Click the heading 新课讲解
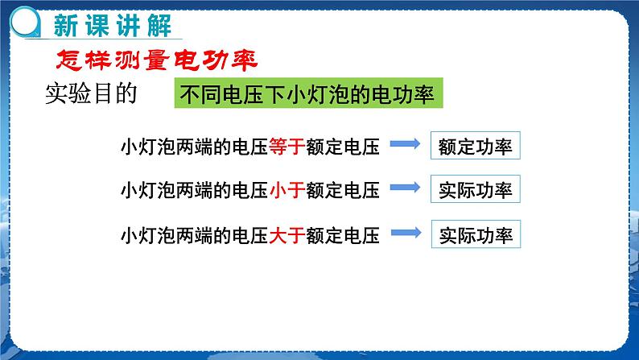pos(113,25)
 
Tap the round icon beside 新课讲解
pos(25,22)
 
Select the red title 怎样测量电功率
pos(156,60)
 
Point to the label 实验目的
pos(91,93)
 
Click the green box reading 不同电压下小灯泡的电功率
pos(308,93)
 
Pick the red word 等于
pos(287,147)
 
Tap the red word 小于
pos(287,190)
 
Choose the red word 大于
pos(287,235)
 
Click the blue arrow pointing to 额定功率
pos(405,143)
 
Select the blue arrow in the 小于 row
pos(405,188)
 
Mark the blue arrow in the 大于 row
pos(406,233)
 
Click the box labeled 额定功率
pos(475,146)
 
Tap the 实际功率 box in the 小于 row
pos(475,189)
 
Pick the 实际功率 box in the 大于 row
pos(476,234)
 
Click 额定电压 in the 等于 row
pos(343,147)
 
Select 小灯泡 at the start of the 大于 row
pos(148,235)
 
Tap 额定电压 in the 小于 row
pos(343,190)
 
